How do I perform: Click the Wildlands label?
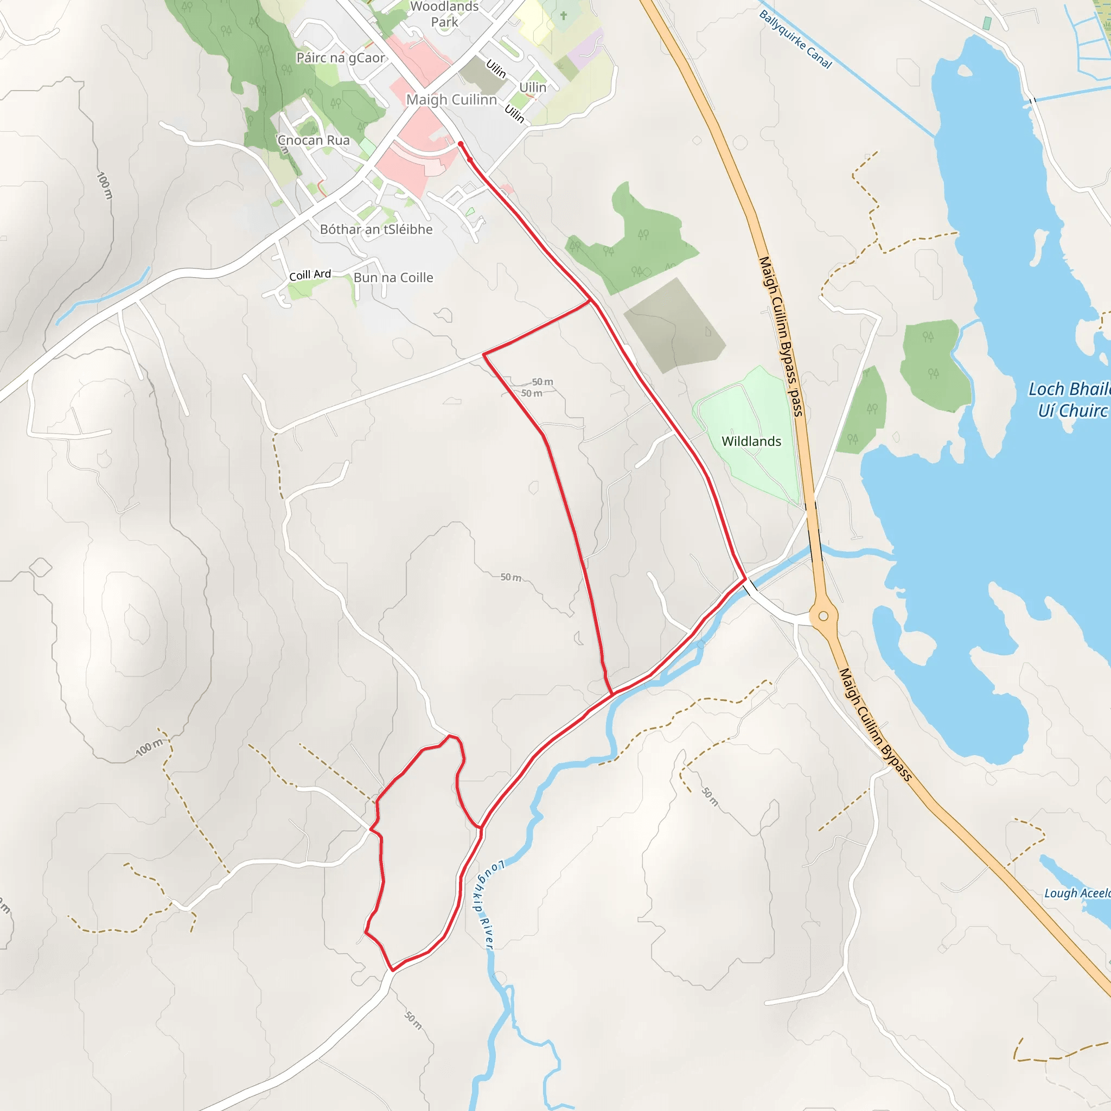751,441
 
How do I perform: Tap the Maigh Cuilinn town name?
451,99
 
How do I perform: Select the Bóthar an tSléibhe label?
376,229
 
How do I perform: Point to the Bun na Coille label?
393,277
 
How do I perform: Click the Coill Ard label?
310,275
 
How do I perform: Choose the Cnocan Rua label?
314,141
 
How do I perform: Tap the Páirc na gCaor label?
341,58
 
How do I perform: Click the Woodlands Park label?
444,15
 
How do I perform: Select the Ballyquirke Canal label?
795,39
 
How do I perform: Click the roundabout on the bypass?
823,616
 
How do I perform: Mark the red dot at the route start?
461,144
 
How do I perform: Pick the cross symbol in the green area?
564,16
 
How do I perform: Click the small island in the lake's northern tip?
965,71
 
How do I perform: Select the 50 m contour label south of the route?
413,1020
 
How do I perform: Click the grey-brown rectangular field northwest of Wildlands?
674,326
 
